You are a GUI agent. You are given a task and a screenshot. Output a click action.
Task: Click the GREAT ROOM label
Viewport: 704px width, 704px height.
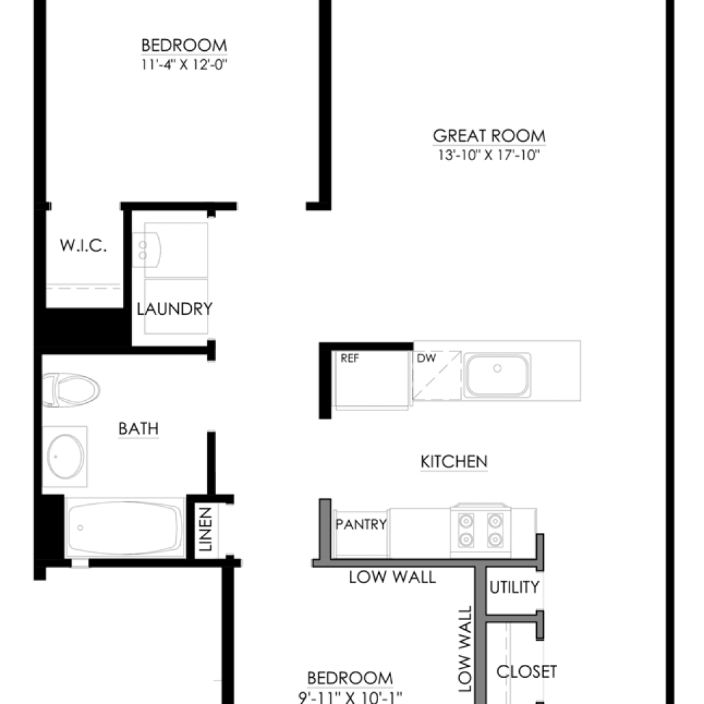(489, 135)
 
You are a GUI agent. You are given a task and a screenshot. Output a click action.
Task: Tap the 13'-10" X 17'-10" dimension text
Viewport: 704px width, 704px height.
(489, 155)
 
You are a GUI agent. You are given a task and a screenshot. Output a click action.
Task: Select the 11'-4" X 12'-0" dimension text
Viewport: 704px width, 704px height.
(184, 65)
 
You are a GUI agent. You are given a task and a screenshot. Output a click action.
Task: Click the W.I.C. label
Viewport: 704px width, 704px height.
(83, 245)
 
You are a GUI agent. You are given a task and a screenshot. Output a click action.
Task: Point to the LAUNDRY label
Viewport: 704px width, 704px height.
(174, 309)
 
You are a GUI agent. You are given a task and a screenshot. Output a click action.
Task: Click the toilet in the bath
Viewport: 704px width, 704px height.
(71, 390)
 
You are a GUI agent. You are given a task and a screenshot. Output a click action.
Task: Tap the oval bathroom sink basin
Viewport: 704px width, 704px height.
(65, 456)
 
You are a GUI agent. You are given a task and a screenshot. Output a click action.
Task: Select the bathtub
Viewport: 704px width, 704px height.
(125, 527)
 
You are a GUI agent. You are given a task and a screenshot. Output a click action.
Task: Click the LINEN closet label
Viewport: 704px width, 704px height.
(205, 529)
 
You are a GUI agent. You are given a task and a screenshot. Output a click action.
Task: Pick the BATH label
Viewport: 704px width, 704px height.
(138, 429)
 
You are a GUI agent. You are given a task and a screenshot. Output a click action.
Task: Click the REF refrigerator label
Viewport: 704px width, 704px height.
(349, 358)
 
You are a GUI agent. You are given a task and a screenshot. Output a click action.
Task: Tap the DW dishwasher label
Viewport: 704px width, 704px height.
(426, 358)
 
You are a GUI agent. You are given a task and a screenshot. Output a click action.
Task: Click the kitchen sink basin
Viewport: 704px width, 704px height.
(497, 375)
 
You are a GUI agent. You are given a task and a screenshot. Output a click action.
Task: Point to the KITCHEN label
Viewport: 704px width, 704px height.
(454, 461)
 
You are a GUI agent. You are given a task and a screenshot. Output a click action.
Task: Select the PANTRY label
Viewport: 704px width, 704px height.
(361, 524)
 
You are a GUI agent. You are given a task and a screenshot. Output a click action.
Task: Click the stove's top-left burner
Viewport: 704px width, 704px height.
(465, 521)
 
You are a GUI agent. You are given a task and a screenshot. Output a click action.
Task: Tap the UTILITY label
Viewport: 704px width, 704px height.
(514, 587)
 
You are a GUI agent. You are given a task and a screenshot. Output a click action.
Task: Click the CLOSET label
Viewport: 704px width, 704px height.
(527, 672)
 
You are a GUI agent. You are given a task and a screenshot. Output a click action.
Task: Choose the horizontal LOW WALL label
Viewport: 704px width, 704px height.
(393, 577)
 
